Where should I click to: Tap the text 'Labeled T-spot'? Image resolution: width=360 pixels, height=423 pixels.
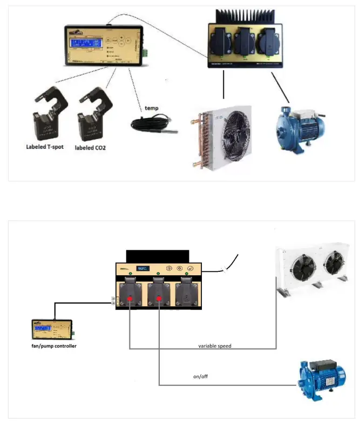[x=45, y=146]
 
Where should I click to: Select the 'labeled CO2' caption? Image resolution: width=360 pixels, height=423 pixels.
[x=90, y=147]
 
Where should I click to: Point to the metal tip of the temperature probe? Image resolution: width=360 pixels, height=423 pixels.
[x=173, y=129]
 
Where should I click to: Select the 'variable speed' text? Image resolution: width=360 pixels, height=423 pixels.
[x=215, y=345]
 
